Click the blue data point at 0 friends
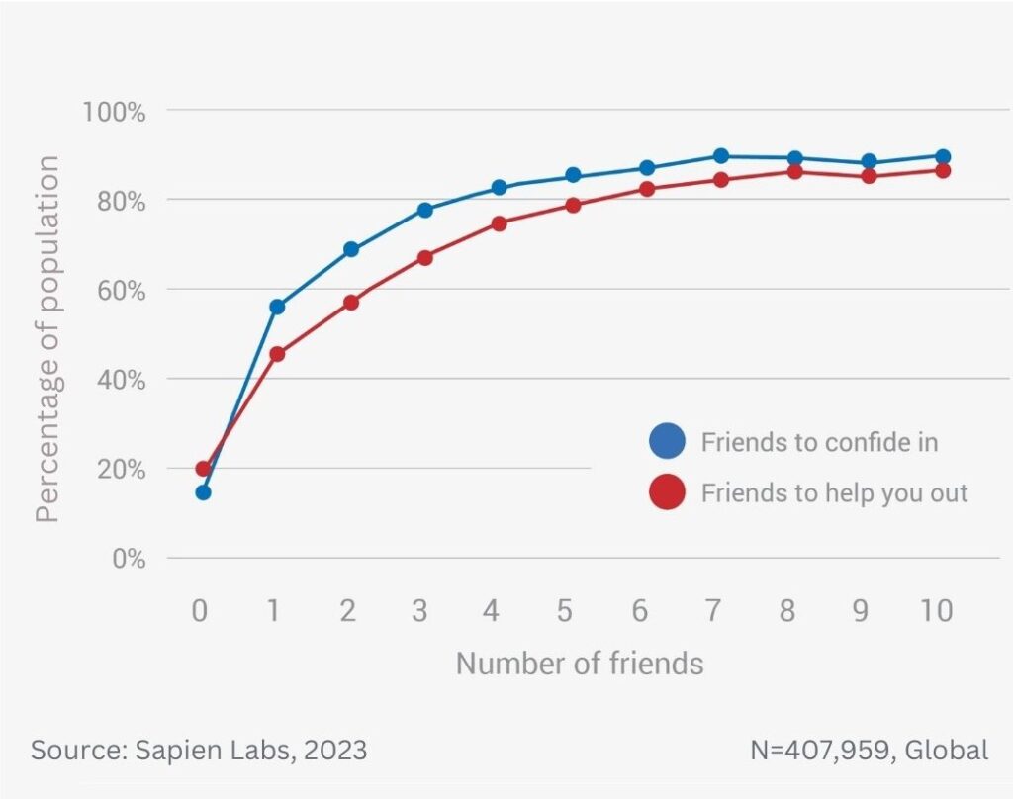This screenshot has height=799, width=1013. click(203, 492)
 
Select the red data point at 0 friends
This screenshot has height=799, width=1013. click(203, 469)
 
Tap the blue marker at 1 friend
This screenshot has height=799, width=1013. click(277, 307)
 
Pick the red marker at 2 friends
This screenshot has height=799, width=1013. click(350, 302)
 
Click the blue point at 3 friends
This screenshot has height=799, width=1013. click(424, 210)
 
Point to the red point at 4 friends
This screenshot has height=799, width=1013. click(499, 223)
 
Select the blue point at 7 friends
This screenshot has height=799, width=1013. click(721, 156)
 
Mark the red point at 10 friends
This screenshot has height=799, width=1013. click(943, 170)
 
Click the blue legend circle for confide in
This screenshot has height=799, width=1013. click(667, 441)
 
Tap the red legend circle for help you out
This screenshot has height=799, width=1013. click(667, 491)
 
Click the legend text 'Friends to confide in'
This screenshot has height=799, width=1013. click(819, 442)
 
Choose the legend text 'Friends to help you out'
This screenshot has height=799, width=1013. click(834, 492)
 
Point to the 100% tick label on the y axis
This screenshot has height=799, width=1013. click(114, 111)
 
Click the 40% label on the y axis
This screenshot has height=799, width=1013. click(120, 380)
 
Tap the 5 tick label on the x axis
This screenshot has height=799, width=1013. click(565, 611)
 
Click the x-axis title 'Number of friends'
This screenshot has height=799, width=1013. click(580, 663)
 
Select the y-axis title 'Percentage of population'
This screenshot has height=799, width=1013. click(47, 338)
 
